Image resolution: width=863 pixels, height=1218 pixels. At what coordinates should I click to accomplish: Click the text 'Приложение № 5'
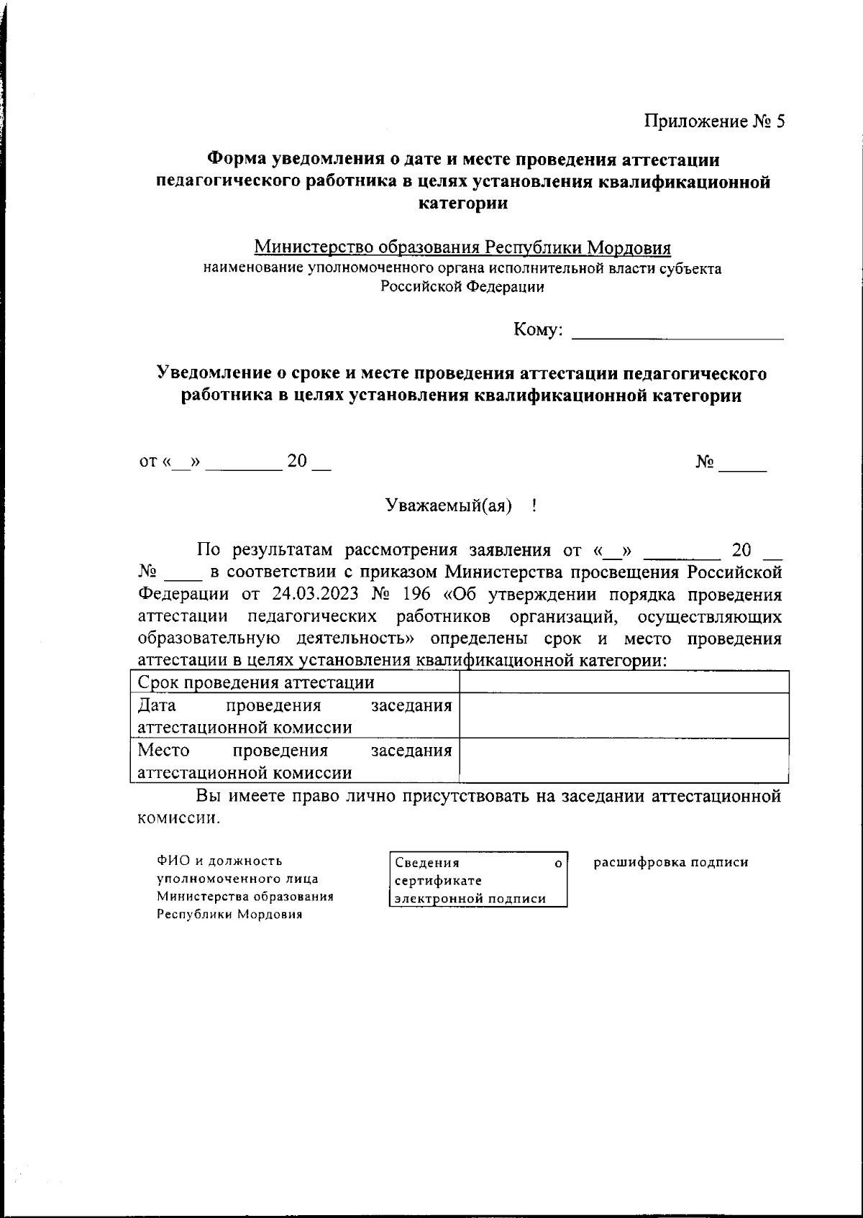pyautogui.click(x=713, y=122)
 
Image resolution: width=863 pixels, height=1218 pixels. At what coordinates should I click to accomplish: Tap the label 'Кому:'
pyautogui.click(x=537, y=330)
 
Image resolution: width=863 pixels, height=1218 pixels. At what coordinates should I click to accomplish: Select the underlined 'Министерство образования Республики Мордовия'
pyautogui.click(x=462, y=248)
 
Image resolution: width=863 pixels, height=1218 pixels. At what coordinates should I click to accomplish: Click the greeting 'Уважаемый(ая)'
pyautogui.click(x=449, y=506)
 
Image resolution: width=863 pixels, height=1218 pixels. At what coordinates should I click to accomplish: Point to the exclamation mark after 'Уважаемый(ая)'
pyautogui.click(x=534, y=506)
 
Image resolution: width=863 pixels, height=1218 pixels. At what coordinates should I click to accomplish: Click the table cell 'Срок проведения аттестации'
pyautogui.click(x=256, y=682)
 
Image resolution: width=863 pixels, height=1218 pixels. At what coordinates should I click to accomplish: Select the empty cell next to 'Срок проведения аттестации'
pyautogui.click(x=624, y=682)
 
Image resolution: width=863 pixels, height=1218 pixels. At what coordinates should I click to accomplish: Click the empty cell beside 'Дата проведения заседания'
pyautogui.click(x=624, y=715)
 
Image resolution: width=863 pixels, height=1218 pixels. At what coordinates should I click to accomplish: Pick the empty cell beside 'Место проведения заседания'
pyautogui.click(x=624, y=761)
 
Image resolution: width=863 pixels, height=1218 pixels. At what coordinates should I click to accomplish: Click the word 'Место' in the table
pyautogui.click(x=163, y=751)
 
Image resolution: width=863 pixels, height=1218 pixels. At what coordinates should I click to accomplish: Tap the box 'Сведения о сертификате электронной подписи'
pyautogui.click(x=478, y=880)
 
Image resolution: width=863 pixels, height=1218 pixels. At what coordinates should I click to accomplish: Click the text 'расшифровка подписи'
pyautogui.click(x=670, y=862)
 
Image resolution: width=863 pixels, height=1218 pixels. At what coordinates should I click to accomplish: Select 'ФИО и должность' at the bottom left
pyautogui.click(x=220, y=861)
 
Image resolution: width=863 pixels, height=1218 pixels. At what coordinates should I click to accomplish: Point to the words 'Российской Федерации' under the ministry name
pyautogui.click(x=462, y=287)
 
